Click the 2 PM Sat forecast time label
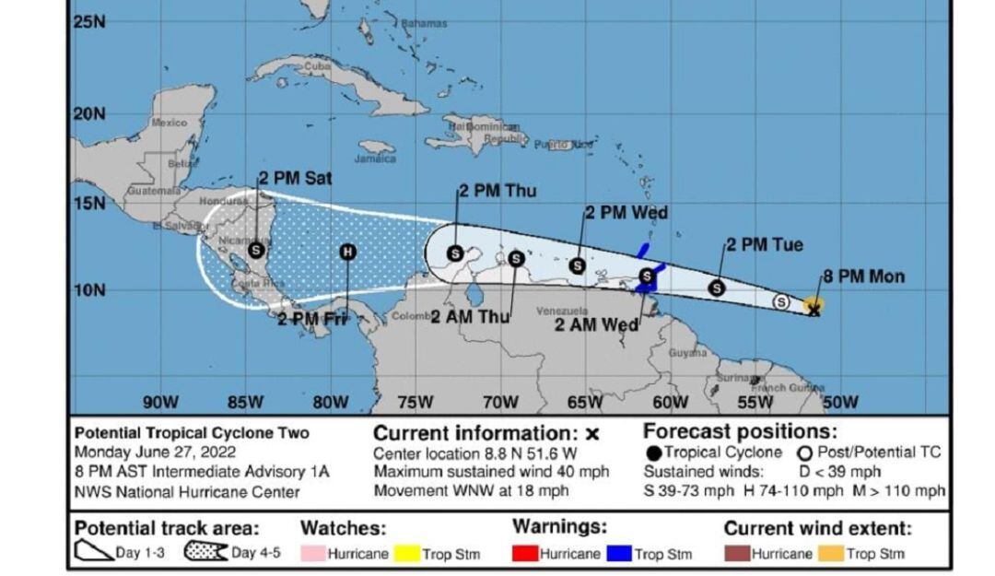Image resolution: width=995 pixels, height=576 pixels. [295, 178]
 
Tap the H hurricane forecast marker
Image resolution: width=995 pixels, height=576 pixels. [347, 252]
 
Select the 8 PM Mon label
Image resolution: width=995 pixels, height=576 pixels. [863, 276]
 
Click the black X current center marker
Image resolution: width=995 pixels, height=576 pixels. [814, 311]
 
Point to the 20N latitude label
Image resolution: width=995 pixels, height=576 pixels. [89, 113]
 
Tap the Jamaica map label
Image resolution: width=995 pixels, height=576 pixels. [375, 158]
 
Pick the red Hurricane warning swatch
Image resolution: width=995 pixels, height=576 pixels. [524, 553]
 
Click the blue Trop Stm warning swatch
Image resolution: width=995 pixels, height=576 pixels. [619, 553]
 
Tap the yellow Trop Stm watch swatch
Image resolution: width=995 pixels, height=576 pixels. [406, 553]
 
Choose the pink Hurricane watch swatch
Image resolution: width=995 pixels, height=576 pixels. [313, 553]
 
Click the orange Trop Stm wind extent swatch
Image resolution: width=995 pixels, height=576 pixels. [829, 553]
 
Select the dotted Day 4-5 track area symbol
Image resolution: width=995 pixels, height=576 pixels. [205, 553]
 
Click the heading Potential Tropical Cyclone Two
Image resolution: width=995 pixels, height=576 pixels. [192, 432]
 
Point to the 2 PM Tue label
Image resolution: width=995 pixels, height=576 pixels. [764, 244]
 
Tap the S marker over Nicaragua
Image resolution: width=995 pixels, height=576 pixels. [256, 249]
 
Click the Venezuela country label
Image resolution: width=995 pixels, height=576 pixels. [562, 312]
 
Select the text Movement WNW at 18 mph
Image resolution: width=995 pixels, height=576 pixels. [472, 490]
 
